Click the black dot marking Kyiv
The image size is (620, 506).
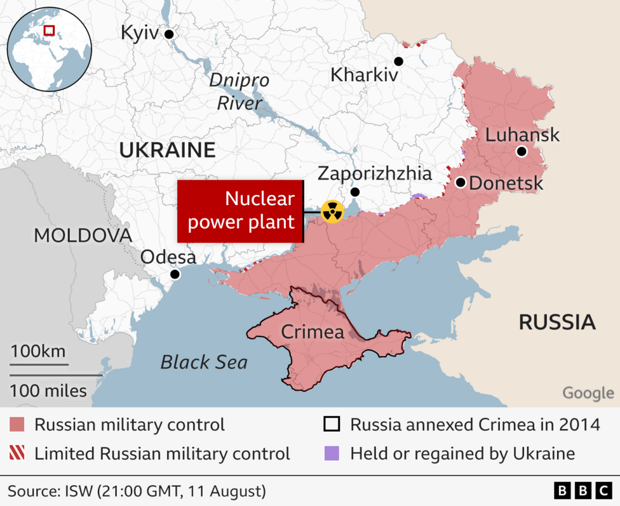click(x=169, y=34)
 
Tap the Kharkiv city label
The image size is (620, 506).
click(x=364, y=75)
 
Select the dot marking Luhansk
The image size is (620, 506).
click(x=522, y=151)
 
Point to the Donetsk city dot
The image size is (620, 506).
click(x=460, y=183)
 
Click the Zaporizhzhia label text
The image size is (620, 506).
click(x=374, y=173)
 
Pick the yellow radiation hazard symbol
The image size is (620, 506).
click(x=332, y=211)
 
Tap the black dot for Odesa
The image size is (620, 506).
click(x=175, y=275)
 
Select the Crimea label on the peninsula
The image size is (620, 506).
click(x=312, y=331)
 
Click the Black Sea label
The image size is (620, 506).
click(x=203, y=362)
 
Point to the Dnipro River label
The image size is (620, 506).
click(x=239, y=91)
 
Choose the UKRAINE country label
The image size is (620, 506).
click(x=167, y=150)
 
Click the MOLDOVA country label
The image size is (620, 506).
click(x=83, y=236)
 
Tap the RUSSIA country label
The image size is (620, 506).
click(x=556, y=322)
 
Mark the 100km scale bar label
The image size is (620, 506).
click(x=37, y=351)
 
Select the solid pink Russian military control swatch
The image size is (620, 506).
click(x=17, y=425)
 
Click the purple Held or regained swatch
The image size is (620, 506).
click(x=332, y=453)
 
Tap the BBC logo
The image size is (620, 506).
click(x=582, y=491)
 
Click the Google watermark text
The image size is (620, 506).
click(x=588, y=393)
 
